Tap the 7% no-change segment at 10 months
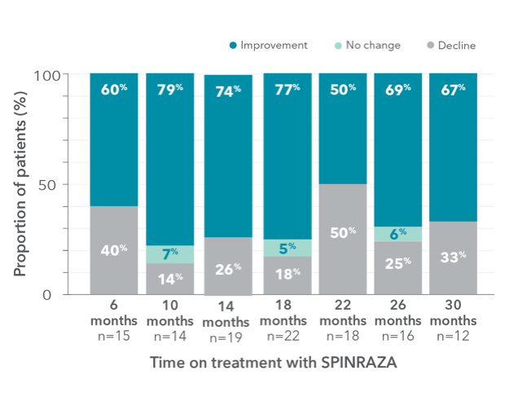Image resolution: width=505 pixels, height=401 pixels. point(170,254)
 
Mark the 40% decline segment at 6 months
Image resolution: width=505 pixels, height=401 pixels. point(114,249)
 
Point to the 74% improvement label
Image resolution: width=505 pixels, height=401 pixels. point(227,90)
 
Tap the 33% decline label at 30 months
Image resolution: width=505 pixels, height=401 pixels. point(454,258)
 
